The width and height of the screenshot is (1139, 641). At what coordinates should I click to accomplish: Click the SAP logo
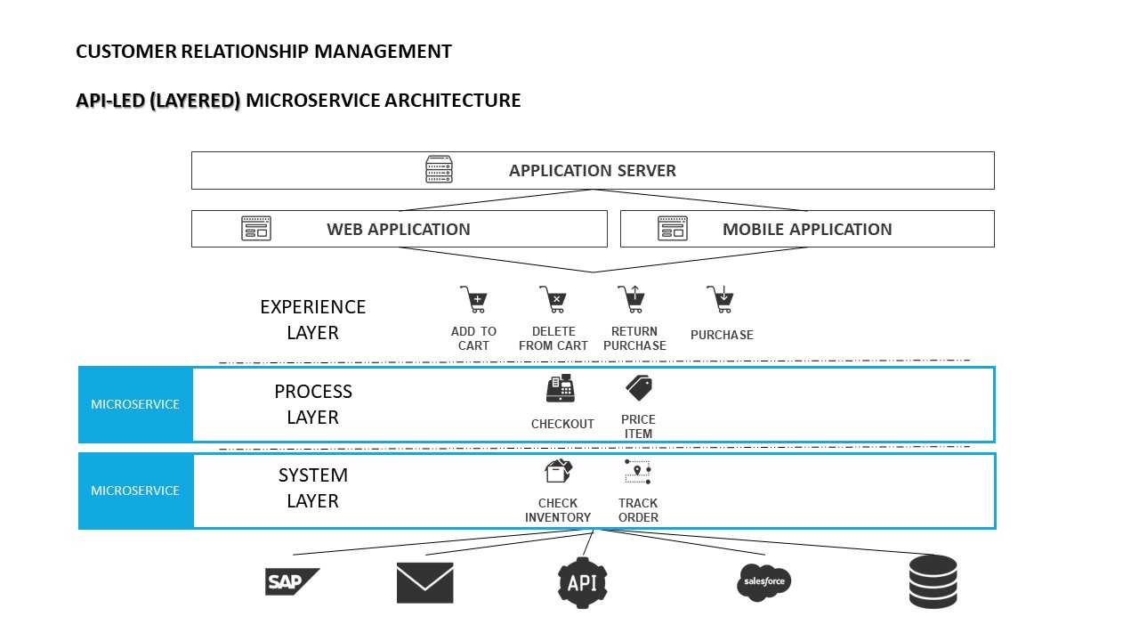[x=291, y=581]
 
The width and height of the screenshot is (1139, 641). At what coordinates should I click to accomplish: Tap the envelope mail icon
[x=424, y=582]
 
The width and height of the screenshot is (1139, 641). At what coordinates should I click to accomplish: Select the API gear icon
[x=582, y=582]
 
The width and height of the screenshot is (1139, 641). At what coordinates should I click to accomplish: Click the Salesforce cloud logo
[x=763, y=582]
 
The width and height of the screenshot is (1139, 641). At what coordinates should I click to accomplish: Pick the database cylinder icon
[x=933, y=581]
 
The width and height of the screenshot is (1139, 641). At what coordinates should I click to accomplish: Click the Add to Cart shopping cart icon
[x=473, y=299]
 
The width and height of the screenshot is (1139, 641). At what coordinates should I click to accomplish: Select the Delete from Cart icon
[x=553, y=299]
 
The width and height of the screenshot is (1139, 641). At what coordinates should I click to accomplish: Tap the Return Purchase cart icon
[x=631, y=299]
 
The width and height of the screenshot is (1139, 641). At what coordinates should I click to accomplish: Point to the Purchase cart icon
[x=720, y=299]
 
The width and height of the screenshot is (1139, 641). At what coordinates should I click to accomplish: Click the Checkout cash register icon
[x=561, y=390]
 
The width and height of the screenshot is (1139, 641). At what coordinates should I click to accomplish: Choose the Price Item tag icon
[x=638, y=388]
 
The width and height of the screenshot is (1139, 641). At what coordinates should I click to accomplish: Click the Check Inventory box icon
[x=558, y=471]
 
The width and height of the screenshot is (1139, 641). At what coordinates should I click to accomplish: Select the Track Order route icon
[x=638, y=471]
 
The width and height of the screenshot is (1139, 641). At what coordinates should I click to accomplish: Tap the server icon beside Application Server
[x=439, y=169]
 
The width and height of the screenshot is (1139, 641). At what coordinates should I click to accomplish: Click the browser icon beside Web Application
[x=256, y=229]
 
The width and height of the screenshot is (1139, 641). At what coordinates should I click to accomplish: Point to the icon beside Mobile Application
[x=673, y=229]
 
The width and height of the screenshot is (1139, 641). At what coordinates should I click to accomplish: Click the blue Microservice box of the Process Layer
[x=135, y=404]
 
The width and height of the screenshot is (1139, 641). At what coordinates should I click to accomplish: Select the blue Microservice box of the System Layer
[x=135, y=491]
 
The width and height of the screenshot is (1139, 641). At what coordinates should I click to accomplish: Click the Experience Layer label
[x=312, y=320]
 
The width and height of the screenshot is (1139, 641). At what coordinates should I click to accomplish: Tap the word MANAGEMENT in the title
[x=383, y=52]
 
